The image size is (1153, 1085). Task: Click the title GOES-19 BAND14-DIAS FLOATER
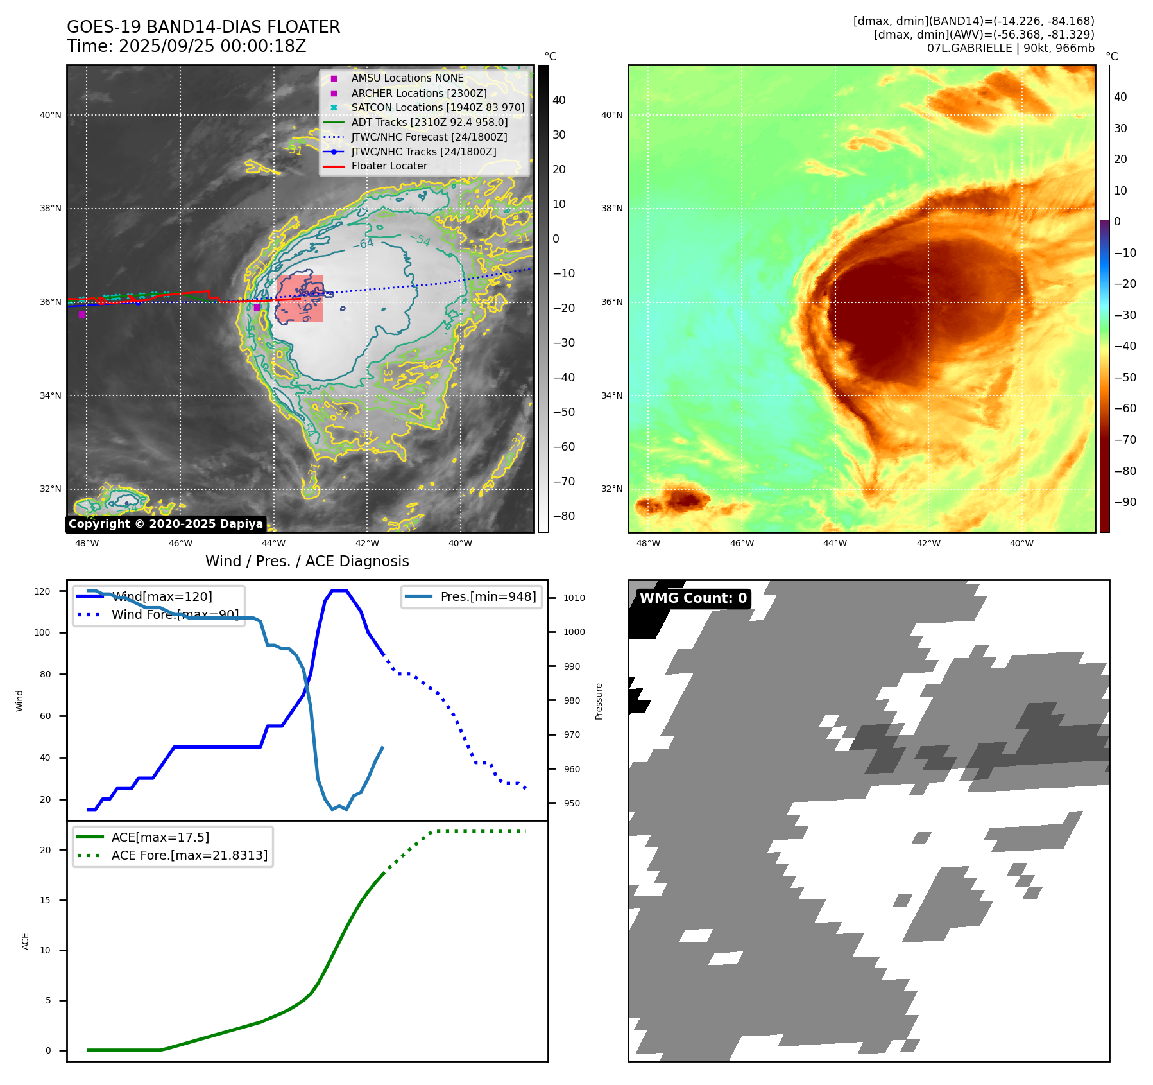point(203,27)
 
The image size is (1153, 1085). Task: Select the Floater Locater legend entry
point(389,166)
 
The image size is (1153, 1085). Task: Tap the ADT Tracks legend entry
point(429,122)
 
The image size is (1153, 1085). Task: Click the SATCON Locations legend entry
point(438,107)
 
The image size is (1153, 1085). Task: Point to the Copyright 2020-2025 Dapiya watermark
point(166,524)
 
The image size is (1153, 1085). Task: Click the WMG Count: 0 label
point(693,598)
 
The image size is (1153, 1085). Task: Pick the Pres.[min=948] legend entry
point(488,596)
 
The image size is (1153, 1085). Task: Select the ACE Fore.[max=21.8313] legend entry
point(189,855)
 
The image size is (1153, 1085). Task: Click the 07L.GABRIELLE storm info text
point(1011,48)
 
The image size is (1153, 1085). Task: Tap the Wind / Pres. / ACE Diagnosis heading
point(307,561)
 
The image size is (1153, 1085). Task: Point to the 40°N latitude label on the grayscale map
point(51,116)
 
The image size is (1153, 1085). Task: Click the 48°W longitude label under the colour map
point(648,543)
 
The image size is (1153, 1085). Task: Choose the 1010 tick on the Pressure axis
point(574,598)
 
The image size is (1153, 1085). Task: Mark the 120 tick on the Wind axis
point(42,591)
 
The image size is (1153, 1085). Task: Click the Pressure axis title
point(599,701)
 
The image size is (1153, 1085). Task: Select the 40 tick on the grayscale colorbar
point(559,100)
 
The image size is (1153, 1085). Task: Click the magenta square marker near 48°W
point(81,315)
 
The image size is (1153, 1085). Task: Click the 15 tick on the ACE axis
point(46,900)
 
